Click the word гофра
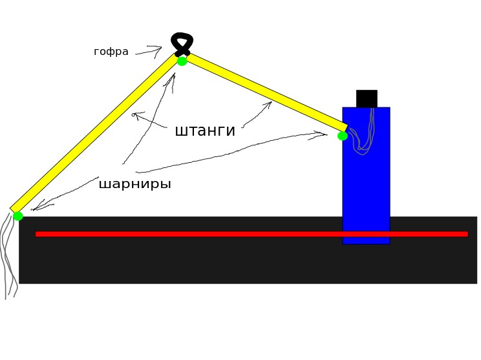click(111, 52)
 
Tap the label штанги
click(205, 131)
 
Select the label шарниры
click(134, 184)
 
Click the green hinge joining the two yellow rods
click(182, 61)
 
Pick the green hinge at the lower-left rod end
click(17, 216)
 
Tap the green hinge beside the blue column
click(343, 136)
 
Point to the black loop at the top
click(182, 43)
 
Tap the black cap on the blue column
click(367, 98)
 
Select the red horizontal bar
click(251, 234)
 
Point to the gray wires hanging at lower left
click(8, 259)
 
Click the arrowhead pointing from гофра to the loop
click(158, 48)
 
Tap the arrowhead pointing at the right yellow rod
click(268, 103)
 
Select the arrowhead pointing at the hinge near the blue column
click(323, 134)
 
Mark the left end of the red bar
click(37, 234)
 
